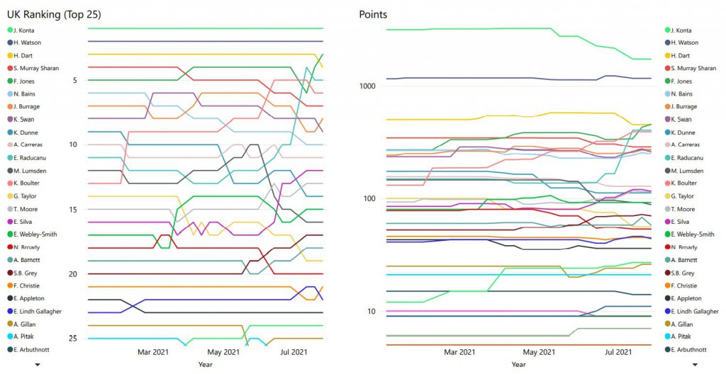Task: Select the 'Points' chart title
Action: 374,14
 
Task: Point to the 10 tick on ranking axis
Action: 73,144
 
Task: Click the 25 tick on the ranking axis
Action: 73,339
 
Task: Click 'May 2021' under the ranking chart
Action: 223,352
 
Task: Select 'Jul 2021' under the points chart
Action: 618,352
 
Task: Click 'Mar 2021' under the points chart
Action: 459,352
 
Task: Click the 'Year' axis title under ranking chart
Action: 205,364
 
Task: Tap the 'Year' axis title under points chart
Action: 519,364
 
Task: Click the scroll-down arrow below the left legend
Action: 37,364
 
